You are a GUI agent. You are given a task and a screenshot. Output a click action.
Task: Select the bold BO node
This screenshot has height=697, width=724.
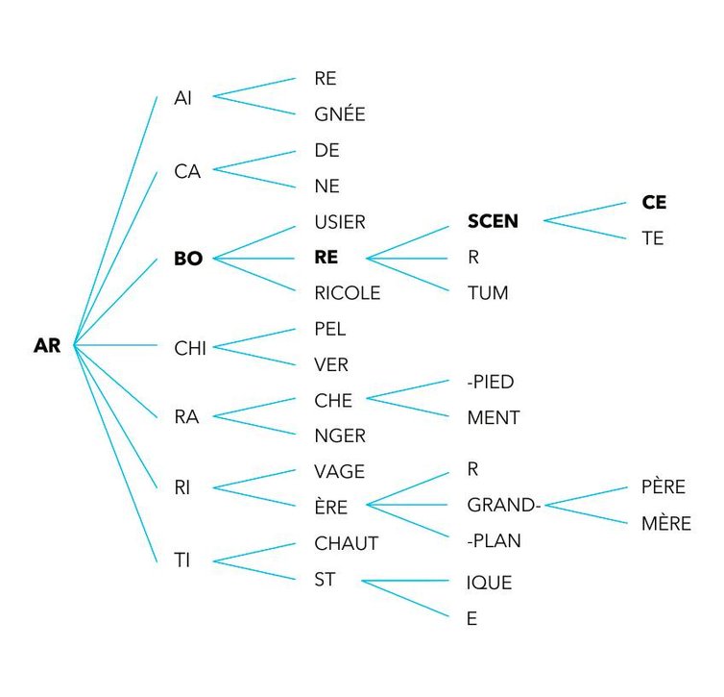click(188, 259)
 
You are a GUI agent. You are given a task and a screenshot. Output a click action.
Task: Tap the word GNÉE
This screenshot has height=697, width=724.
click(340, 114)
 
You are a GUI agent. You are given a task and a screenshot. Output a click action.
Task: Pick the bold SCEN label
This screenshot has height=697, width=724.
click(493, 222)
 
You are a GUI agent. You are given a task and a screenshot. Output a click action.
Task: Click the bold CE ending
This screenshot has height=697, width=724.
click(654, 203)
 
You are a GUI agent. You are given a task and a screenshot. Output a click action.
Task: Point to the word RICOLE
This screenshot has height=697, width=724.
click(347, 292)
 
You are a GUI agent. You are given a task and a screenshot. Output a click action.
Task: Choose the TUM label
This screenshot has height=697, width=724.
click(487, 292)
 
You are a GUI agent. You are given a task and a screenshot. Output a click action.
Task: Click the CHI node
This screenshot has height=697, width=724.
click(190, 348)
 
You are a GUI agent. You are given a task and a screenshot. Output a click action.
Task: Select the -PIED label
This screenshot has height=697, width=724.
click(490, 382)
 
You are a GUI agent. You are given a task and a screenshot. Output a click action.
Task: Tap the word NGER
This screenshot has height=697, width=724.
click(340, 436)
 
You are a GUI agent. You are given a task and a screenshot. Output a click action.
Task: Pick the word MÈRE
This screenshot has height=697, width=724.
click(666, 524)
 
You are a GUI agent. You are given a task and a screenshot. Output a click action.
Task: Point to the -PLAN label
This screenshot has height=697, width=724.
click(494, 540)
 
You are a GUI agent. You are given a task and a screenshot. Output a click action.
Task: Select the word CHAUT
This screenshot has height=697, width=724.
click(347, 543)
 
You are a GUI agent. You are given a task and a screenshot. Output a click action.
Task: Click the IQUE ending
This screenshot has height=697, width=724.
click(489, 583)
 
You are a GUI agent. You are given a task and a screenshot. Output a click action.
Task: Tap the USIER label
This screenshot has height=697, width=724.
click(340, 222)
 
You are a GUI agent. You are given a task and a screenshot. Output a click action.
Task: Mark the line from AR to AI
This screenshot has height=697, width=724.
click(115, 219)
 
